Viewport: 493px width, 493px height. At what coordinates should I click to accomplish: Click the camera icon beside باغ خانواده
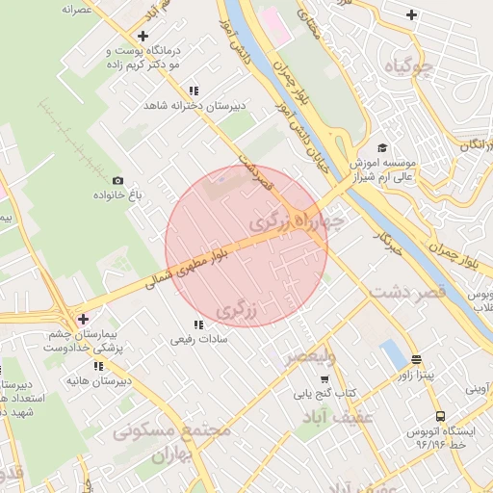point(117,181)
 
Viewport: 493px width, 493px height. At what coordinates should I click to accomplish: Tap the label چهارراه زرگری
point(297,221)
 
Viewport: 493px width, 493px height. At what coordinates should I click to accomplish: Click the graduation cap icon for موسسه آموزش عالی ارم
point(382,147)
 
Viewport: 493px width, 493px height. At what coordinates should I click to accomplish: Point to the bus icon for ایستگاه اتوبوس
point(440,417)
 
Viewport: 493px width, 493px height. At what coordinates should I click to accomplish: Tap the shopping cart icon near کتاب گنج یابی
point(299,393)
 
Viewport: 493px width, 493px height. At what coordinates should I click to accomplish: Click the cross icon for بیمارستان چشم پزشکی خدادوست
point(83,319)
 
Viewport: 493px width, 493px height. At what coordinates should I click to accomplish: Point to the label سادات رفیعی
point(197,339)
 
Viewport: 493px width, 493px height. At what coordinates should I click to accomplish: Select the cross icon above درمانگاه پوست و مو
point(142,36)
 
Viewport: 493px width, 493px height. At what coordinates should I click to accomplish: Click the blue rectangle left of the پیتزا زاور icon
point(392,353)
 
